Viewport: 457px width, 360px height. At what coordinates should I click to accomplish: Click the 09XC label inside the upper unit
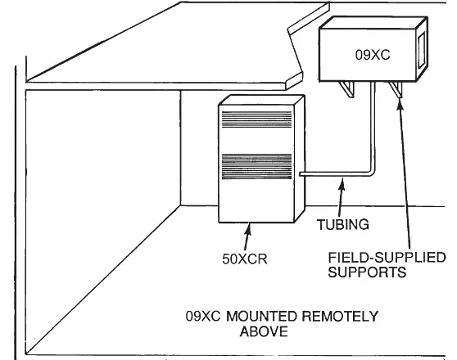point(373,55)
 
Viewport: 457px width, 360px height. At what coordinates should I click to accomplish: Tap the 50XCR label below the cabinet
point(245,259)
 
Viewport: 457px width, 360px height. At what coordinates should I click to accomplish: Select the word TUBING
point(342,224)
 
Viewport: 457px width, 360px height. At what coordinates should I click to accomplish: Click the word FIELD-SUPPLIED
point(387,258)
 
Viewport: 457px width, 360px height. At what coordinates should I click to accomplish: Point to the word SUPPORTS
point(367,272)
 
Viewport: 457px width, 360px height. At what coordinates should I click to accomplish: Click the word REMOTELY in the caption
point(340,317)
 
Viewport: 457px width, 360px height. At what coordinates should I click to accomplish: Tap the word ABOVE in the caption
point(264,331)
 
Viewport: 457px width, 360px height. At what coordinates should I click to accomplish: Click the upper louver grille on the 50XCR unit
point(257,119)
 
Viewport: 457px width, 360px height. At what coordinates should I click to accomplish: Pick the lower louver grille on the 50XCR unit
point(257,166)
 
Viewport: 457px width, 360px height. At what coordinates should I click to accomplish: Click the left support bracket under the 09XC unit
point(346,89)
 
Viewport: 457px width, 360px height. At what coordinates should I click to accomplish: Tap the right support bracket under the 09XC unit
point(396,89)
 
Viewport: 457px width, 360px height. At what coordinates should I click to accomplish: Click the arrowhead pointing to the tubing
point(342,184)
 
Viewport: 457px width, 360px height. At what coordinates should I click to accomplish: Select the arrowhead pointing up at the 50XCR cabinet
point(248,229)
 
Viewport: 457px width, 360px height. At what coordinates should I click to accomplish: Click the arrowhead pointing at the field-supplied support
point(400,104)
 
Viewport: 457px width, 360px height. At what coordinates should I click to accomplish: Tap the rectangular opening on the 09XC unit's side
point(422,51)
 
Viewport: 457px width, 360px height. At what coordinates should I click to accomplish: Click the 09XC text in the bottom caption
point(203,317)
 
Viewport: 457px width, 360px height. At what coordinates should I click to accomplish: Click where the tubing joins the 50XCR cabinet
point(301,174)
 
